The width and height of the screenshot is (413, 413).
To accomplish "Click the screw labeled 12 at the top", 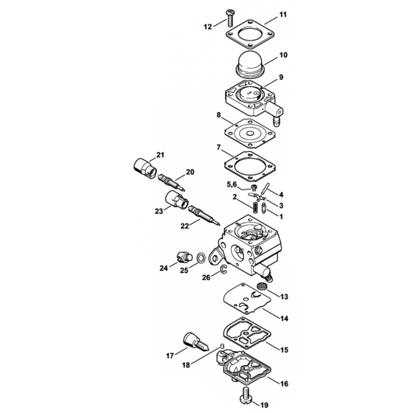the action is coord(229,18).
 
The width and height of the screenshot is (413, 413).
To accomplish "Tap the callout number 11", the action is coord(282,14).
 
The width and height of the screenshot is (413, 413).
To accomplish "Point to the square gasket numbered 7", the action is coord(250,166).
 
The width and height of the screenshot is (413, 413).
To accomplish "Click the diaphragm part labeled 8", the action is coord(250,133).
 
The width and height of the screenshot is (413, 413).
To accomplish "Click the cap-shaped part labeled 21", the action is coord(145,169).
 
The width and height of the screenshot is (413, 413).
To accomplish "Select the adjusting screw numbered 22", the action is coord(204,215).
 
